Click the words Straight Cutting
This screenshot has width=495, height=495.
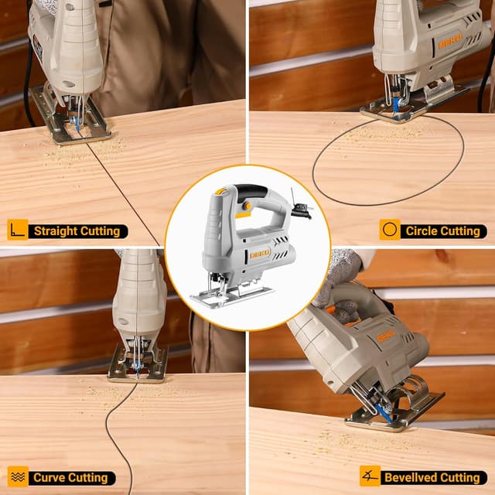(77, 231)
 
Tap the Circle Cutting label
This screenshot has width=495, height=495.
(442, 231)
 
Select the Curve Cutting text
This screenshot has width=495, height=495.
(70, 478)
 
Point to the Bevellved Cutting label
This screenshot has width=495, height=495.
(432, 478)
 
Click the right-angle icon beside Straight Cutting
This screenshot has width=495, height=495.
(18, 230)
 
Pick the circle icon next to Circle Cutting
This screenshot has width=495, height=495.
(390, 230)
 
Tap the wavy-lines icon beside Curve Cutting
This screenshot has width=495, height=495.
(18, 476)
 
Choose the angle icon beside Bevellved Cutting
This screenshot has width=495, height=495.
(370, 476)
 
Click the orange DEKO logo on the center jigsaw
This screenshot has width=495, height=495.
(260, 253)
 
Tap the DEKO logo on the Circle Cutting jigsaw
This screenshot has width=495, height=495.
(450, 42)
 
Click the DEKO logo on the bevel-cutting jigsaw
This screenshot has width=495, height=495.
(386, 336)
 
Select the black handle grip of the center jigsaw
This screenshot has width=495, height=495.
(251, 192)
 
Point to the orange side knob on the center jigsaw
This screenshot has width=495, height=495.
(247, 207)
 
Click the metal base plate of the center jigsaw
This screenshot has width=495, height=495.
(232, 296)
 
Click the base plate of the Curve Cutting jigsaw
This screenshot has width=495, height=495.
(138, 364)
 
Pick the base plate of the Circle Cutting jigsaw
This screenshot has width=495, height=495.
(414, 104)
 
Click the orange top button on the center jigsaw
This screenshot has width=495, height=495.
(220, 191)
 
